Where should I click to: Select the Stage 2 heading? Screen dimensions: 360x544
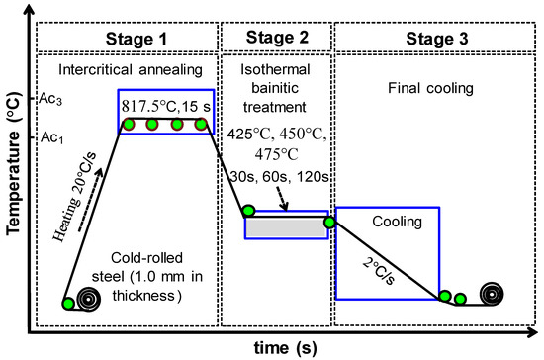point(277,39)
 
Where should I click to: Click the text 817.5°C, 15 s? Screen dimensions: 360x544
point(165,106)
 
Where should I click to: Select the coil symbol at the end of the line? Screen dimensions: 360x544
point(493,295)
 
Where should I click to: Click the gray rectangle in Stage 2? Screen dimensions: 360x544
point(286,226)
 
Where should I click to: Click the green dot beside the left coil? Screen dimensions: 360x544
point(66,303)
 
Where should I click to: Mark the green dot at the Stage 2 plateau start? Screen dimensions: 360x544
point(248,211)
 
